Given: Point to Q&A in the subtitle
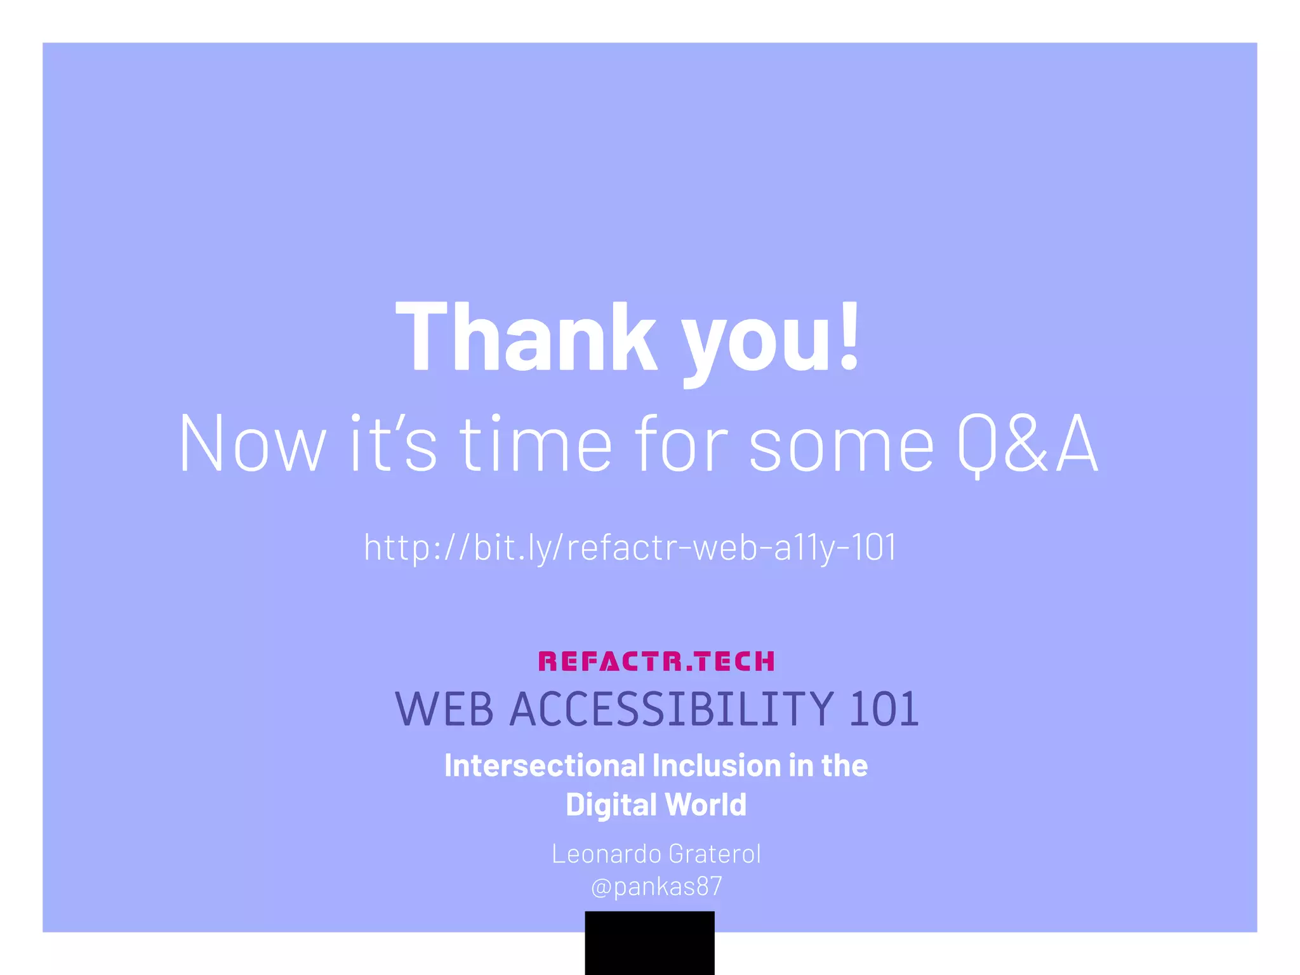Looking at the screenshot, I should [x=1028, y=444].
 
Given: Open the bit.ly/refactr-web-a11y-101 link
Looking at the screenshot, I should [x=630, y=547].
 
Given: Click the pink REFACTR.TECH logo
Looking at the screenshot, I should [x=656, y=661].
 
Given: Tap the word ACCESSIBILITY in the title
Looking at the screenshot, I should [x=672, y=709].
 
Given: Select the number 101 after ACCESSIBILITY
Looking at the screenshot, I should [x=884, y=709].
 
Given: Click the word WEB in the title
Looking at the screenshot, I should [x=444, y=709].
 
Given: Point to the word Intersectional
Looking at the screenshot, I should [x=544, y=766].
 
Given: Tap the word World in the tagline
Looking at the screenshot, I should [x=706, y=804].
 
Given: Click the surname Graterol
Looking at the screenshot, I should [x=715, y=854].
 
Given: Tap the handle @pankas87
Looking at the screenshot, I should [x=656, y=886].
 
